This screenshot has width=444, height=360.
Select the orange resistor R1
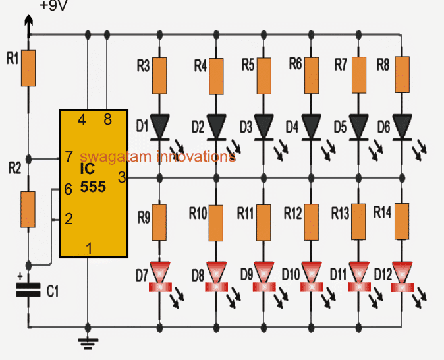[x=28, y=69]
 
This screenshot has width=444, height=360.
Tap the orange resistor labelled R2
[x=28, y=209]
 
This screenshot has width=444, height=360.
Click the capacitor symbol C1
[x=28, y=289]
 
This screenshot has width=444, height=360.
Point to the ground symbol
[x=88, y=341]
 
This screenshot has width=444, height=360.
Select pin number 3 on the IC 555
[x=121, y=177]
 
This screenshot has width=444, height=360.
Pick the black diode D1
[x=160, y=125]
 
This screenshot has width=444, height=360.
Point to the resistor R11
[x=264, y=222]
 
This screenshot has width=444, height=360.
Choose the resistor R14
[x=402, y=222]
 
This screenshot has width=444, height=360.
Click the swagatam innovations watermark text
[x=157, y=157]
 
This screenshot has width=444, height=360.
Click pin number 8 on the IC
[x=107, y=120]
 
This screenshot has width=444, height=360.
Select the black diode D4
[x=311, y=125]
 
